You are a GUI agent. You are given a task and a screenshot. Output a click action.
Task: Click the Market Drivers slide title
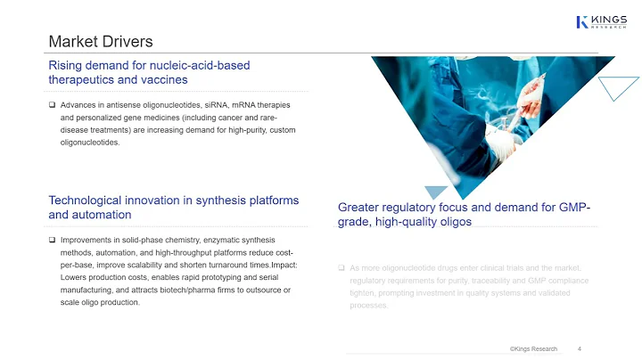pyautogui.click(x=100, y=41)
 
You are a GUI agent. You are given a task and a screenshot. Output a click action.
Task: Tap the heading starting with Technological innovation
pyautogui.click(x=173, y=208)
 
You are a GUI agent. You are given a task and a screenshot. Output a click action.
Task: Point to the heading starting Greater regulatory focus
pyautogui.click(x=464, y=214)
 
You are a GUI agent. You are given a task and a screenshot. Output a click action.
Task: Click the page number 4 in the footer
pyautogui.click(x=580, y=348)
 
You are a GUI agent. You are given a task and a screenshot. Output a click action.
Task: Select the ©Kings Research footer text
pyautogui.click(x=533, y=348)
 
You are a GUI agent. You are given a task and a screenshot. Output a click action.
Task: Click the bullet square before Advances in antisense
pyautogui.click(x=53, y=105)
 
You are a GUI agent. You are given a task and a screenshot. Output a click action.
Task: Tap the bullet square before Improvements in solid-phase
pyautogui.click(x=53, y=241)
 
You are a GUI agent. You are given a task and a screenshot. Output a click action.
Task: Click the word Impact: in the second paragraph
pyautogui.click(x=283, y=266)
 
